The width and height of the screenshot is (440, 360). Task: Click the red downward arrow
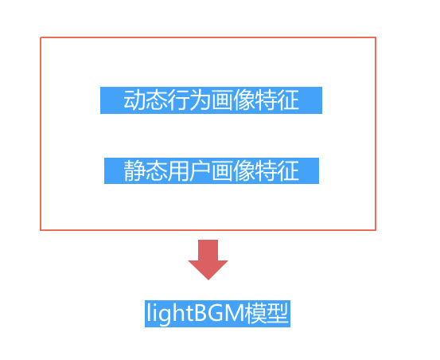[208, 257]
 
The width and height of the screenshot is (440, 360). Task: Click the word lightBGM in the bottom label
[195, 313]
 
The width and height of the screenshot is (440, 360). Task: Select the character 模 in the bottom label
[255, 313]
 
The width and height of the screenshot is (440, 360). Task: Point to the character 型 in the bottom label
[277, 313]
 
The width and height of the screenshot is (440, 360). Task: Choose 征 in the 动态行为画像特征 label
[288, 100]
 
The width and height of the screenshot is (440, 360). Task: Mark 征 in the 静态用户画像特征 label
[288, 170]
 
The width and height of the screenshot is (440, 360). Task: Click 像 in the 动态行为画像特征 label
[243, 100]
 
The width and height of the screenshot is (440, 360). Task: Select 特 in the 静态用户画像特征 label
[266, 170]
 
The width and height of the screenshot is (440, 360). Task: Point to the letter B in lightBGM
[200, 313]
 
